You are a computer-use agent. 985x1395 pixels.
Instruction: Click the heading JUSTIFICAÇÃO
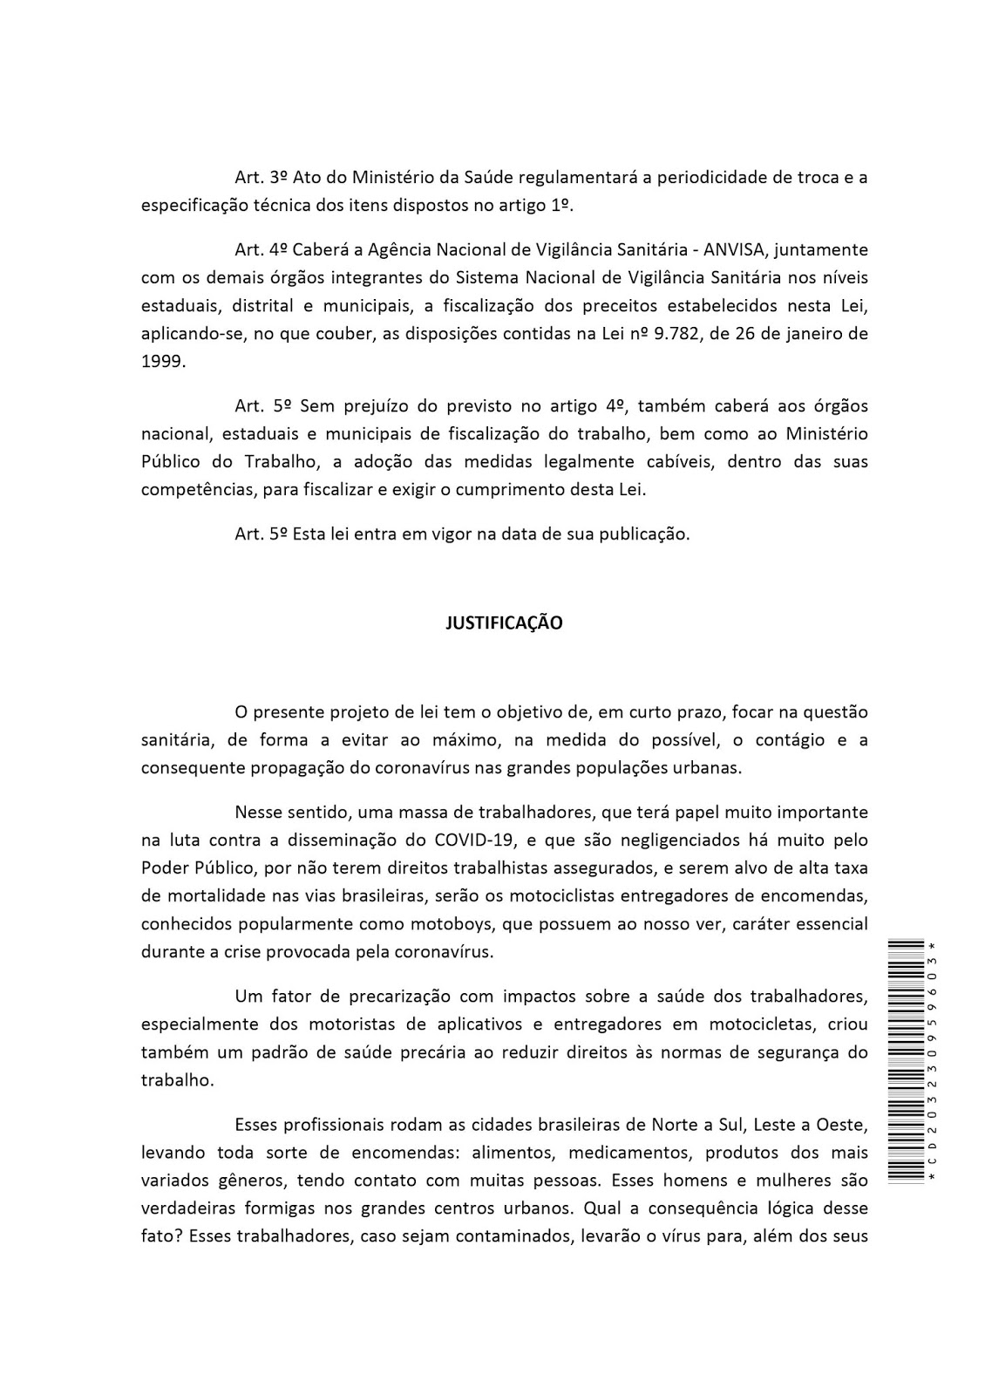[x=504, y=623]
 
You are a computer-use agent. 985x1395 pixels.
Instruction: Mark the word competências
[x=194, y=490]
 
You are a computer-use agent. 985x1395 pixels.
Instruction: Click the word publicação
[x=645, y=534]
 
